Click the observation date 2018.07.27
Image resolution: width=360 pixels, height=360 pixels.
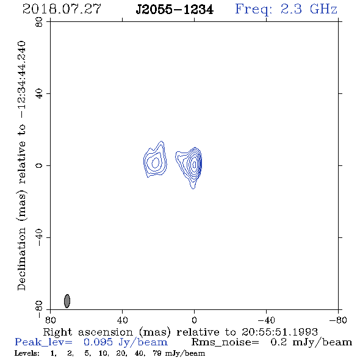[62, 9]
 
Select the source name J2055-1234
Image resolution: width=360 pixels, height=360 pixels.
[175, 10]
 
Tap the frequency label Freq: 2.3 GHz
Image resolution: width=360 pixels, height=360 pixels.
[286, 9]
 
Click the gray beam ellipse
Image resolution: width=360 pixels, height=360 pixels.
[67, 301]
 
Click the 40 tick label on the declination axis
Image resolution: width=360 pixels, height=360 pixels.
[39, 94]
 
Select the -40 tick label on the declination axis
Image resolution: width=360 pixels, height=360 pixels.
[39, 237]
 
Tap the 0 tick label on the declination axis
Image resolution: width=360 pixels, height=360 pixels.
[39, 165]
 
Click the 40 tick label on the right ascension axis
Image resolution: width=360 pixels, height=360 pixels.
[122, 320]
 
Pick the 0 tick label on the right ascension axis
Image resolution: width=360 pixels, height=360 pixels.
[194, 320]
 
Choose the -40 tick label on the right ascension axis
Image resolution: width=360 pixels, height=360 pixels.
[266, 320]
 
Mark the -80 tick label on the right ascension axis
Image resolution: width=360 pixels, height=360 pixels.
[338, 320]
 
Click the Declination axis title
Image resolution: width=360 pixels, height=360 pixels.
[21, 165]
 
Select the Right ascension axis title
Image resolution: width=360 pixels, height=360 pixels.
[181, 332]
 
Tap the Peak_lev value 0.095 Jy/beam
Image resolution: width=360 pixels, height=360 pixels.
[126, 342]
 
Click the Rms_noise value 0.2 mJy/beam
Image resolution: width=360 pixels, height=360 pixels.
[311, 342]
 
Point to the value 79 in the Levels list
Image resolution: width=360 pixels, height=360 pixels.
[157, 353]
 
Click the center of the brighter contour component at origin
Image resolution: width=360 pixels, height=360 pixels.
[194, 164]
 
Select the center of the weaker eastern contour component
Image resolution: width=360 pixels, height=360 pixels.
[155, 162]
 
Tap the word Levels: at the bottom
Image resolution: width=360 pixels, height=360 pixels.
[27, 353]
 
